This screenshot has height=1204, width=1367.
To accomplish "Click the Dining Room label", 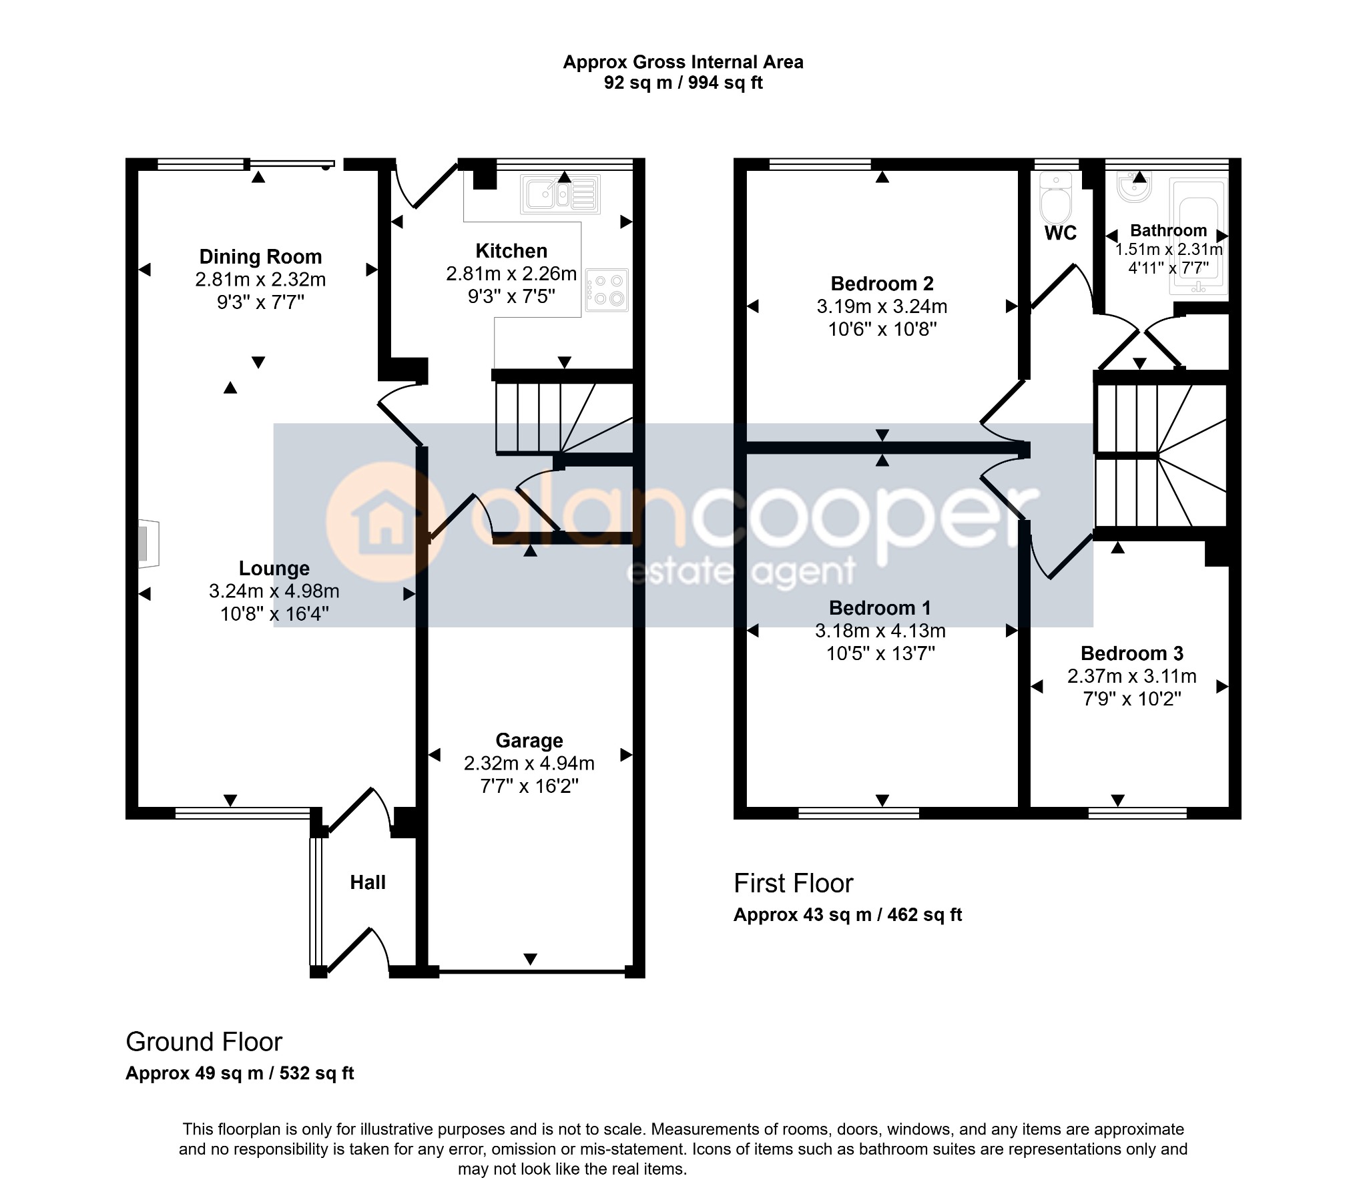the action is (x=260, y=257).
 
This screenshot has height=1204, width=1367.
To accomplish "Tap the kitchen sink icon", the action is (x=560, y=194).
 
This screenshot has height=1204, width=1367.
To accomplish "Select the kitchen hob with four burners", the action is (x=607, y=290).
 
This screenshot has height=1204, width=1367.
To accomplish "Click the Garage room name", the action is (x=529, y=740).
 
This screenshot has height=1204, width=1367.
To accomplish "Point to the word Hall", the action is (x=368, y=882).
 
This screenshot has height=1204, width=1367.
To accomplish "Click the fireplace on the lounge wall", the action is (x=148, y=544).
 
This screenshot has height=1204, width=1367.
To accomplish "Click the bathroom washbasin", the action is (x=1134, y=188).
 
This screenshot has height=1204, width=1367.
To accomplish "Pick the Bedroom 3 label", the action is (x=1131, y=653).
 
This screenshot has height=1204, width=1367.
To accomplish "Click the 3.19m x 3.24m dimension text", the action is (x=882, y=307).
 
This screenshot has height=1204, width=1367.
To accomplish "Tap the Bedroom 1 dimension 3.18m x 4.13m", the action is (x=880, y=631).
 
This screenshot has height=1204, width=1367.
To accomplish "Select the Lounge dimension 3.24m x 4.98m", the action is (x=274, y=591).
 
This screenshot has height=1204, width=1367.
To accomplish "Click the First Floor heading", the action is (x=793, y=884).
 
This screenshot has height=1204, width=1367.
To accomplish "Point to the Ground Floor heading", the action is (x=204, y=1042).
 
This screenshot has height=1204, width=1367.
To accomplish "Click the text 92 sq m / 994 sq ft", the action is (x=683, y=83).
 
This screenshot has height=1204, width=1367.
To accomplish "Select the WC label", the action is (x=1061, y=233).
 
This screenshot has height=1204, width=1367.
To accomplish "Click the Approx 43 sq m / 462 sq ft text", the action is (x=847, y=915).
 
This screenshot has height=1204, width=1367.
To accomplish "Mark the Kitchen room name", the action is (x=511, y=251).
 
